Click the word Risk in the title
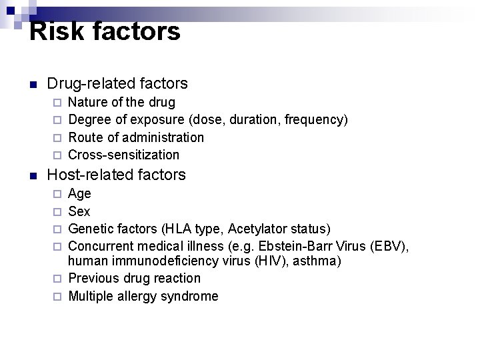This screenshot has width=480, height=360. point(52,31)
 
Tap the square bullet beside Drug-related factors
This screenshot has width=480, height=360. point(33,85)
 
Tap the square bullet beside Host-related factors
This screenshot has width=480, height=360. point(33,176)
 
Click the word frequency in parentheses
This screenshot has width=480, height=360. point(314,120)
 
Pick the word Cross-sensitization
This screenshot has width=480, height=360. point(124,155)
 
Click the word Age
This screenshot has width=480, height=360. point(80,194)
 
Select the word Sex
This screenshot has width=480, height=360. point(79,211)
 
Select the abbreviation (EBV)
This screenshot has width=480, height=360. point(389,247)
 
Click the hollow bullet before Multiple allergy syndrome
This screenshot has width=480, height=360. point(57,297)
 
